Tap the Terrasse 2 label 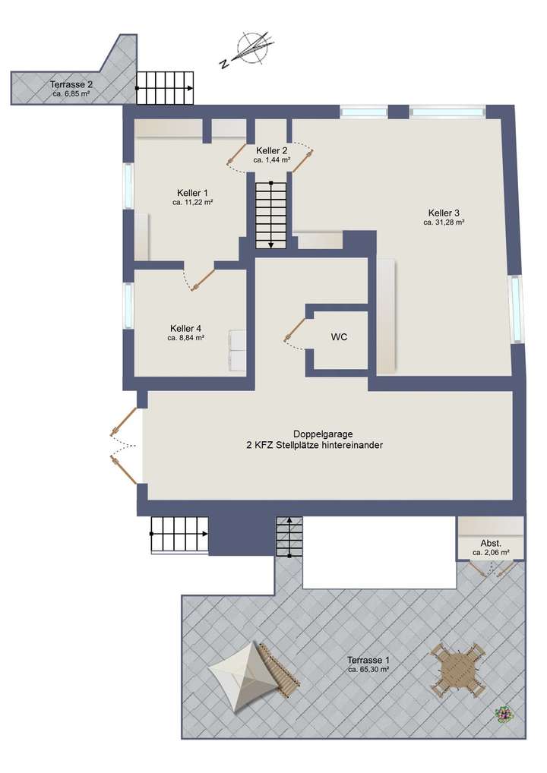click(x=71, y=84)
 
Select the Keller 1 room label click(x=193, y=193)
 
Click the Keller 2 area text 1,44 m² click(x=272, y=160)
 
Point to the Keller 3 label click(x=444, y=213)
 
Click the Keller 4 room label click(x=186, y=328)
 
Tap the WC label click(x=339, y=337)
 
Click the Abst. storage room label click(x=491, y=543)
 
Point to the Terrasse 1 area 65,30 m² click(x=368, y=670)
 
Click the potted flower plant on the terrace click(x=502, y=715)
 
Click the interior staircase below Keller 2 click(x=269, y=210)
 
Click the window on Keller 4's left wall click(x=128, y=305)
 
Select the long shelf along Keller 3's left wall click(x=387, y=315)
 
